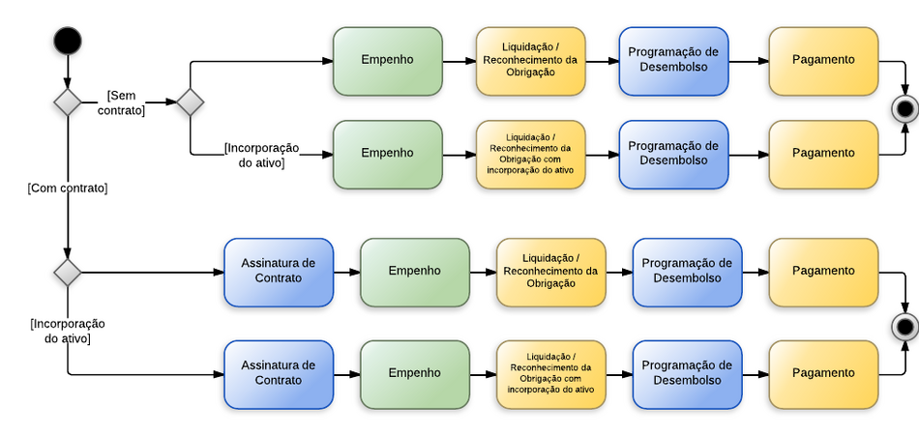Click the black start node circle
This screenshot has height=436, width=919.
coord(68,41)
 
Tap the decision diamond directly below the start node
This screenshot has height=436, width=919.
coord(68,102)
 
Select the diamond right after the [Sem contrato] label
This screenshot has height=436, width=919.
coord(190,102)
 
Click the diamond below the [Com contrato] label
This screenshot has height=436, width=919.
coord(68,273)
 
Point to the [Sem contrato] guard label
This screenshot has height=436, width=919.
coord(121,102)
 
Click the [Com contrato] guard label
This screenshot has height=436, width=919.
coord(68,188)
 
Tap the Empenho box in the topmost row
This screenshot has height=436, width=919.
coord(387,61)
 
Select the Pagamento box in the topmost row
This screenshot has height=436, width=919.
coord(823,61)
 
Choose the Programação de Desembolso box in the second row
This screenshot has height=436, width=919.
coord(673,154)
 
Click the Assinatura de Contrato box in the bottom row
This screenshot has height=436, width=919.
coord(279,373)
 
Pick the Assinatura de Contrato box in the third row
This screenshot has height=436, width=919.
coord(279,272)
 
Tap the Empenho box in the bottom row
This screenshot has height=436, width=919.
coord(414,373)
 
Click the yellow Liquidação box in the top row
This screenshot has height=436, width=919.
coord(530,61)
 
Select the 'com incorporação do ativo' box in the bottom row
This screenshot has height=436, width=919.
coord(550,373)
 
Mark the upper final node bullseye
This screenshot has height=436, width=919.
coord(905,107)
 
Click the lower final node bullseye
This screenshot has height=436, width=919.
coord(905,327)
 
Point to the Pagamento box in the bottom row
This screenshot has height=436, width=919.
coord(823,373)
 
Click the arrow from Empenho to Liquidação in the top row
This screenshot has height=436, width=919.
coord(459,61)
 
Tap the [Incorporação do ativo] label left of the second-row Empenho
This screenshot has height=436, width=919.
coord(261,155)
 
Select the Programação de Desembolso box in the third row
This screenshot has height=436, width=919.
coord(687,272)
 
